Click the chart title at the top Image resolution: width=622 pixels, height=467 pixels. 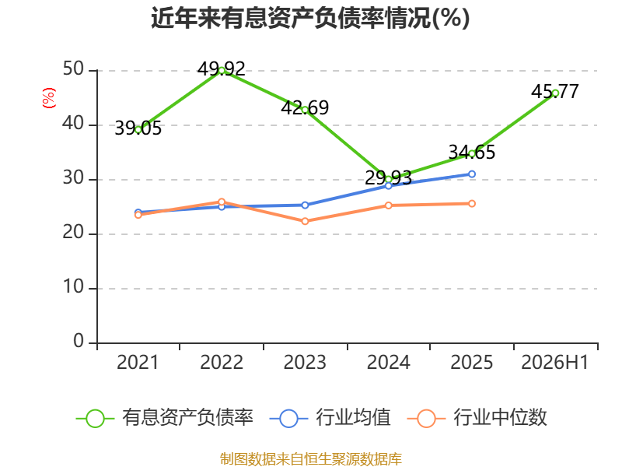tap(310, 18)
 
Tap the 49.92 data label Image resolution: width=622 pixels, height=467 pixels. tap(222, 69)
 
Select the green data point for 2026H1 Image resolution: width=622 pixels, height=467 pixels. tap(555, 93)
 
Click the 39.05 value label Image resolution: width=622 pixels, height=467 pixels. tap(138, 128)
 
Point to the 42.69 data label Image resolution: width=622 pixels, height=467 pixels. tap(305, 107)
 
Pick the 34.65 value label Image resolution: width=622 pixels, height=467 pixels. tap(472, 152)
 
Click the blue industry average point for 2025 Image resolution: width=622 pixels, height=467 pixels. tap(472, 174)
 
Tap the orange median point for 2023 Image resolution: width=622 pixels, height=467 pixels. tap(305, 221)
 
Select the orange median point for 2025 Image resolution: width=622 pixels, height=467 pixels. tap(472, 204)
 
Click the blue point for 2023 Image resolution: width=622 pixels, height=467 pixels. tap(305, 205)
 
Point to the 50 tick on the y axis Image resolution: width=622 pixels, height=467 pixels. tap(73, 69)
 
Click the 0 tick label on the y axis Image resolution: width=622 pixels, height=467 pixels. tap(79, 341)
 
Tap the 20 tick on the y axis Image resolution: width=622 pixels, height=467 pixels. tap(73, 233)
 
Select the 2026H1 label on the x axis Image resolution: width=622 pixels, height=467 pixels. tap(554, 363)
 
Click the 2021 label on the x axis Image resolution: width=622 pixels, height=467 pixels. tap(138, 363)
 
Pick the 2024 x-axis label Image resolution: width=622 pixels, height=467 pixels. tap(388, 363)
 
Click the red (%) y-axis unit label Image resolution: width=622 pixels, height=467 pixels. tap(49, 98)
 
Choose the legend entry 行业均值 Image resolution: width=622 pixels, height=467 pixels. tap(330, 418)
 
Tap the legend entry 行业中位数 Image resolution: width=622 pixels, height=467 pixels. tap(477, 418)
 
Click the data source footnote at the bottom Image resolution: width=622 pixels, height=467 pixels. tap(311, 459)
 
